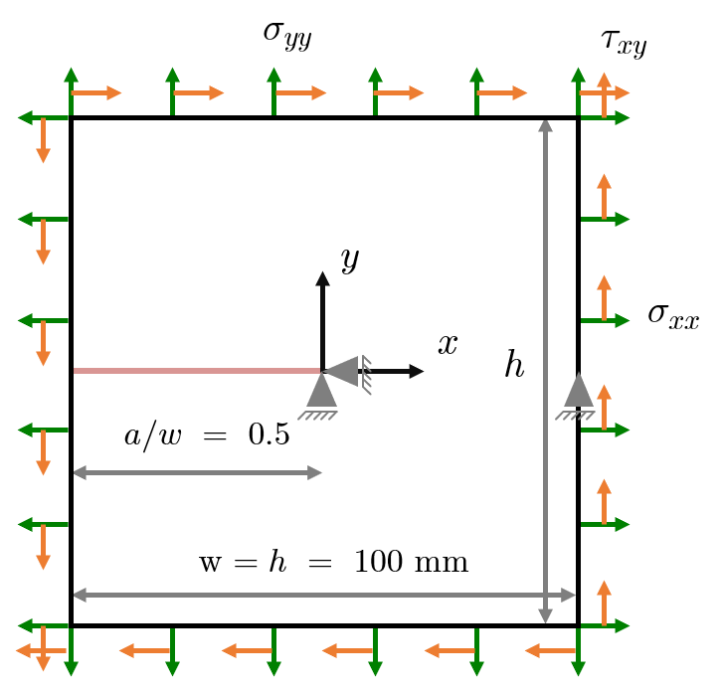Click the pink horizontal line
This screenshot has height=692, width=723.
tap(197, 371)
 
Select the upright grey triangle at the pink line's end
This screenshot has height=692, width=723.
tap(321, 392)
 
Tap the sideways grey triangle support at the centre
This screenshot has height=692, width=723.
tap(343, 371)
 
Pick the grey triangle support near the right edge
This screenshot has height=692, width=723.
tap(579, 391)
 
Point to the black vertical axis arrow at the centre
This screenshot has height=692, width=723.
tap(322, 318)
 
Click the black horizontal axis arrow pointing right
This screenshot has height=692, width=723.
tap(398, 371)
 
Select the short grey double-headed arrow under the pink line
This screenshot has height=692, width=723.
tap(198, 472)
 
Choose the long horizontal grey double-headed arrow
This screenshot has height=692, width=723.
tap(324, 595)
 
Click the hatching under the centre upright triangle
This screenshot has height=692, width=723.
tap(318, 416)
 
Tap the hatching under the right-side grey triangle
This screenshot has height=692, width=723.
tap(575, 416)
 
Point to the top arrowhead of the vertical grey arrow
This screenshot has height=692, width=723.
tap(545, 125)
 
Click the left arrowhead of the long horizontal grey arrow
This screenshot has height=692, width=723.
tap(81, 595)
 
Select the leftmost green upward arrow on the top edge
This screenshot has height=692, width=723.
tap(71, 90)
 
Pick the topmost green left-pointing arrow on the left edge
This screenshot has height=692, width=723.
tap(43, 117)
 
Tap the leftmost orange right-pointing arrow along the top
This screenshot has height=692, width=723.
tap(96, 92)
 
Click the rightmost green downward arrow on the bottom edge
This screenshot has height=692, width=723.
tap(578, 652)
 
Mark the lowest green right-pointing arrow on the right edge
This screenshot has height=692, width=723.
tap(606, 625)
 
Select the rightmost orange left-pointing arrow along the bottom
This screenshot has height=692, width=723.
tap(550, 650)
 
